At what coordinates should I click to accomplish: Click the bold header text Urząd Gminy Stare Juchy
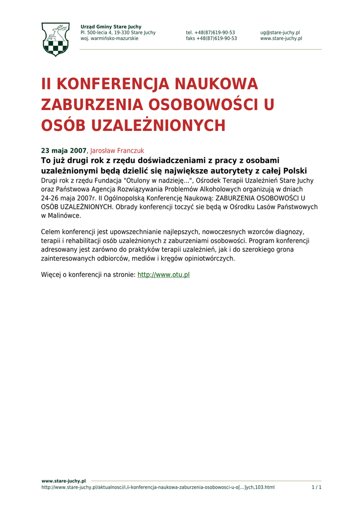point(111,26)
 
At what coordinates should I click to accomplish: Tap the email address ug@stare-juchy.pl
point(280,33)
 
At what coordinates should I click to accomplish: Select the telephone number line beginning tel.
point(211,33)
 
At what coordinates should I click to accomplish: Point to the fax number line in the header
point(212,39)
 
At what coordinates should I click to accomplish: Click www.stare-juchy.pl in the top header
point(281,39)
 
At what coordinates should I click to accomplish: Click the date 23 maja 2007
point(64,150)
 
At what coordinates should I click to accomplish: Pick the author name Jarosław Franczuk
point(117,150)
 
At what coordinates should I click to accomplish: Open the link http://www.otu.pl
point(163,274)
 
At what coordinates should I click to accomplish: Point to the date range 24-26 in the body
point(51,198)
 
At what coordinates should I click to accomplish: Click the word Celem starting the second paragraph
point(51,232)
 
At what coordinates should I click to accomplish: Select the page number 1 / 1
point(316,487)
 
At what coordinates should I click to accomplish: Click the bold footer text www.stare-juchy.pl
point(64,481)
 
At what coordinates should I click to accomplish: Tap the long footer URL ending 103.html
point(158,487)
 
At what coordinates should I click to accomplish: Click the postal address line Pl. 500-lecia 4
point(118,33)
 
